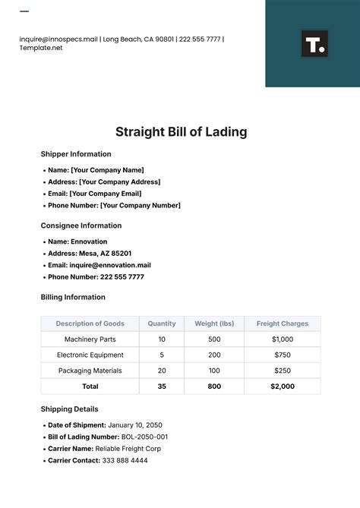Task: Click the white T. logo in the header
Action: [x=314, y=43]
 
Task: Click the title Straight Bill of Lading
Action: [x=181, y=131]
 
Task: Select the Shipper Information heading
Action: [x=75, y=154]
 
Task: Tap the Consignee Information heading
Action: [x=81, y=226]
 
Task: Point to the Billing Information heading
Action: [x=72, y=297]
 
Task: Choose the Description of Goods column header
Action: [x=90, y=323]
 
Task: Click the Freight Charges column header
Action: [x=283, y=323]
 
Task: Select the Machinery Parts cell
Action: [x=90, y=339]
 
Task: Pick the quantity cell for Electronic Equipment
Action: [x=162, y=355]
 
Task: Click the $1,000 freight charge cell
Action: [x=283, y=339]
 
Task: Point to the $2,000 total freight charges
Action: [x=283, y=387]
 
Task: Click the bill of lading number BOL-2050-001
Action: [x=144, y=437]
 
